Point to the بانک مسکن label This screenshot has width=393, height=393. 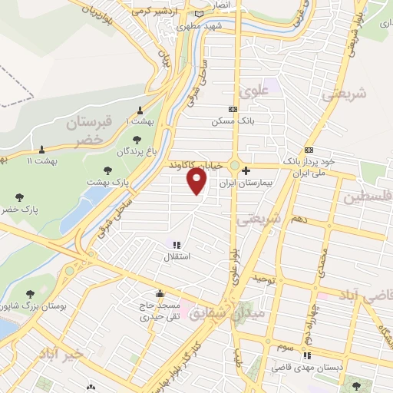point(234,121)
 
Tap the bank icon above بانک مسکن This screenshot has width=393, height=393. point(234,110)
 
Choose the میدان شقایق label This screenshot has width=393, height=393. point(236,313)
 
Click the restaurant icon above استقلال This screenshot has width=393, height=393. point(178,245)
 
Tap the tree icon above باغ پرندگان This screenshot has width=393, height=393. point(137,140)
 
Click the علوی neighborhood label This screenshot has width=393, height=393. point(256,91)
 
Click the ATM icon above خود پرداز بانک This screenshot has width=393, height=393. point(309,150)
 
